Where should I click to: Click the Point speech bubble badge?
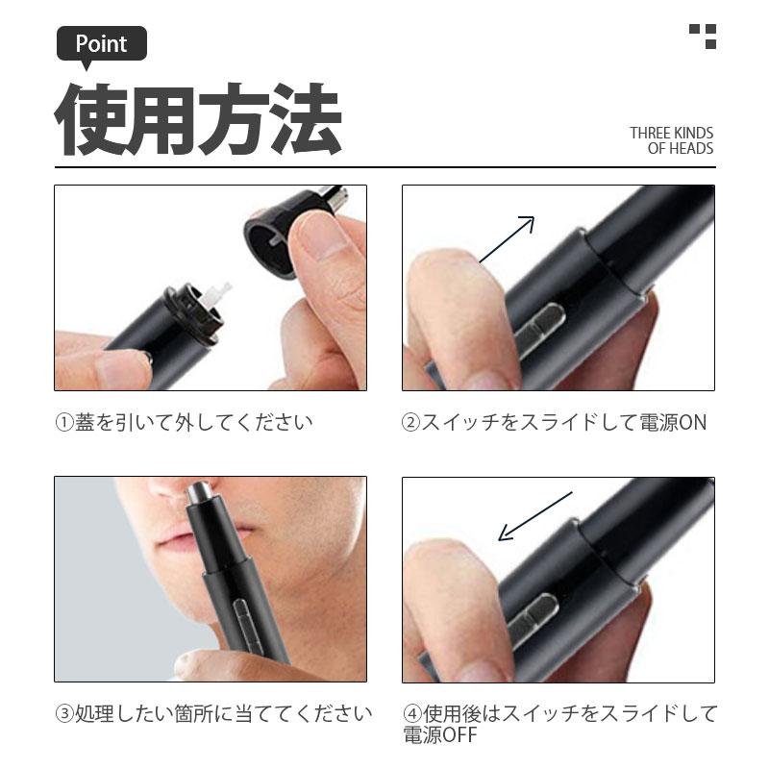[101, 44]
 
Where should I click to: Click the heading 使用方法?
[197, 121]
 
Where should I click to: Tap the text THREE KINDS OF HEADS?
[672, 140]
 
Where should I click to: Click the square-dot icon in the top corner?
[704, 36]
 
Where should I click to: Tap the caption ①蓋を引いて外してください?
[183, 422]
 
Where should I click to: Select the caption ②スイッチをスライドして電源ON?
[554, 422]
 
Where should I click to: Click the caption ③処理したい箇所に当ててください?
[212, 714]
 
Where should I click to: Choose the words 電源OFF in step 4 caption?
[440, 735]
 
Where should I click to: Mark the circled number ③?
[64, 714]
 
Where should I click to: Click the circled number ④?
[412, 714]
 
